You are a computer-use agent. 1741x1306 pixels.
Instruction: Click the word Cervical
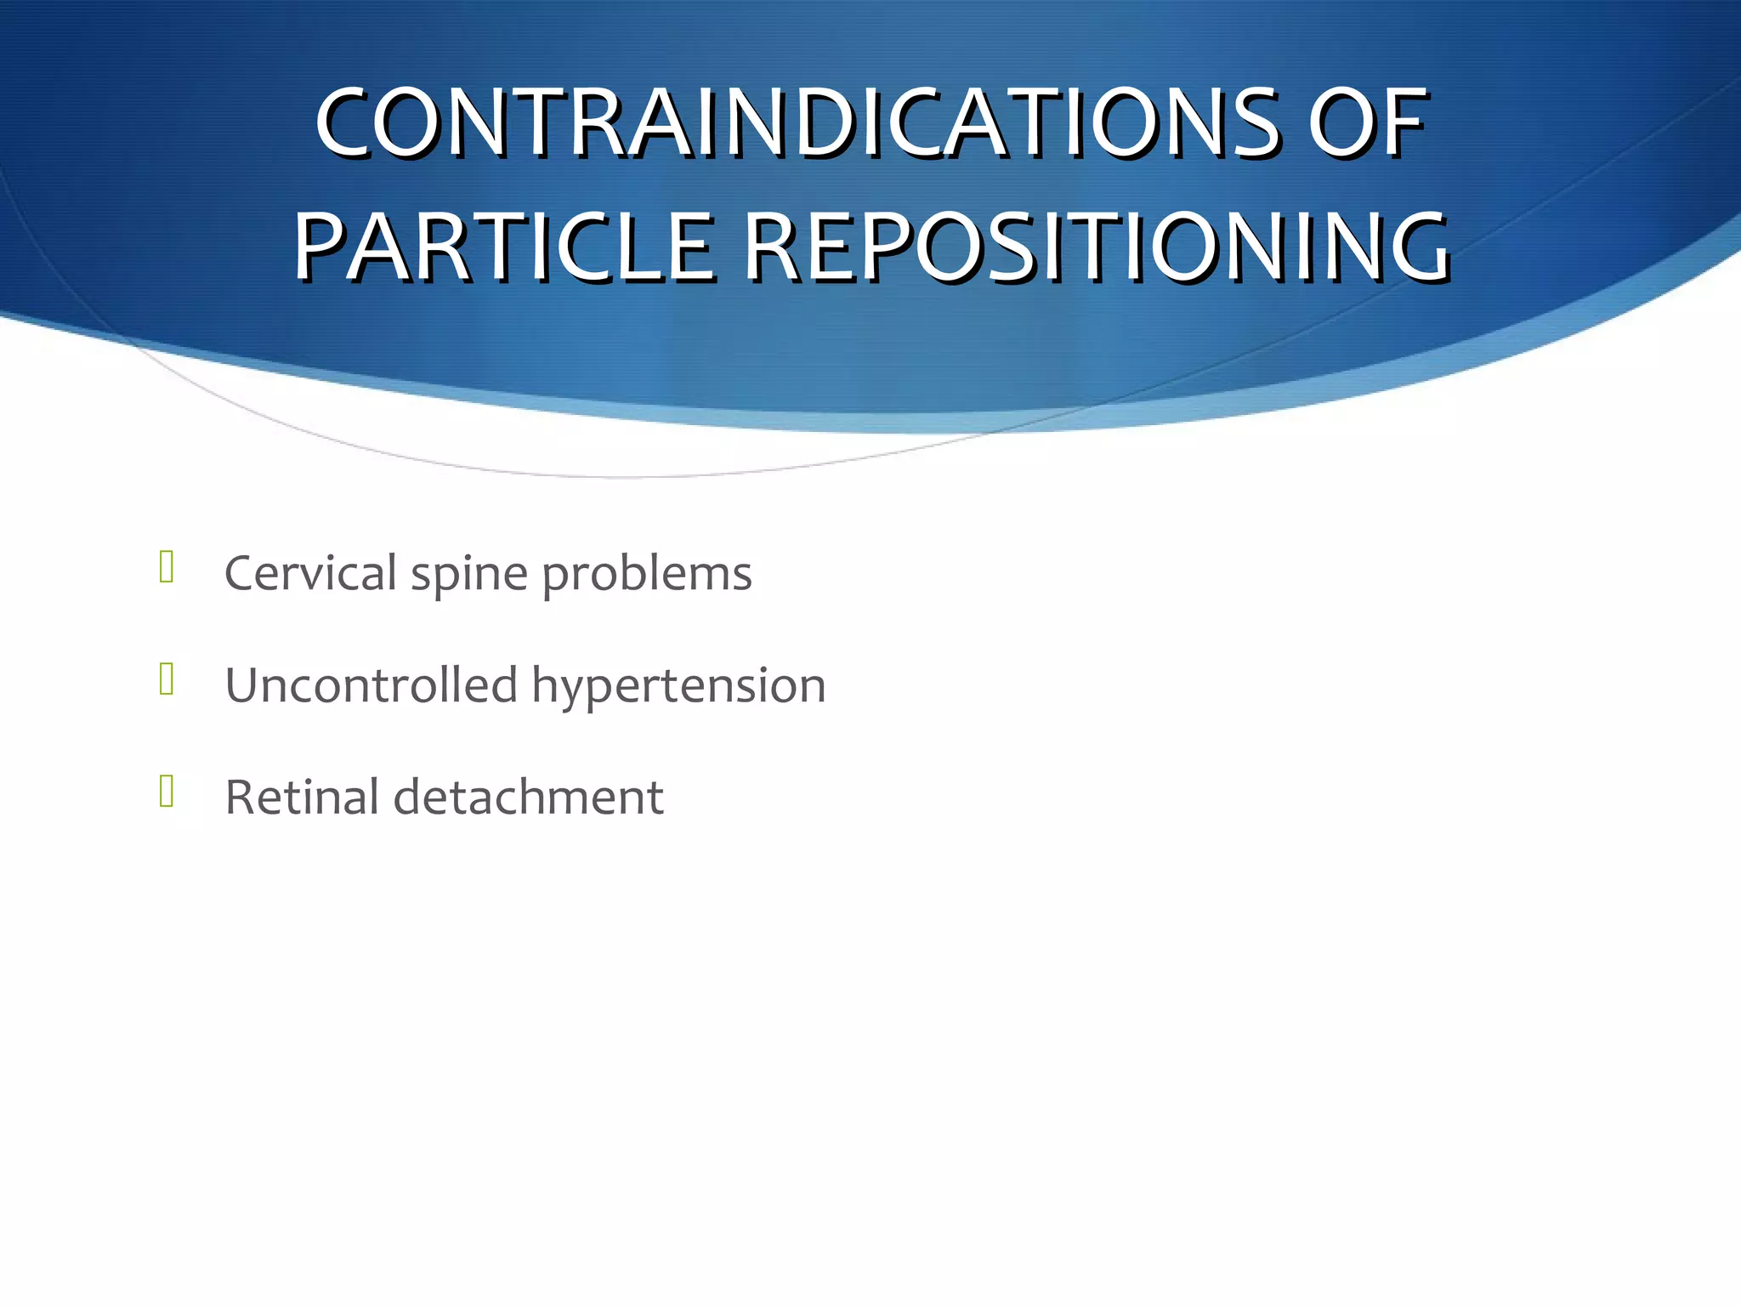(x=311, y=573)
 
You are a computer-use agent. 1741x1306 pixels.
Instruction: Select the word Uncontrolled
(x=371, y=685)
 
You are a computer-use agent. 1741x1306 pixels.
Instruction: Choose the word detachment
(x=528, y=798)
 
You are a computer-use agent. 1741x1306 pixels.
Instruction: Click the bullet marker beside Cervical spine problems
(x=167, y=567)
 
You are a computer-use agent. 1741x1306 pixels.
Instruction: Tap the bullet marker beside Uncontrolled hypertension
(x=167, y=679)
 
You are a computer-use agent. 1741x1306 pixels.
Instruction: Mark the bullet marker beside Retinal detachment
(x=167, y=792)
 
